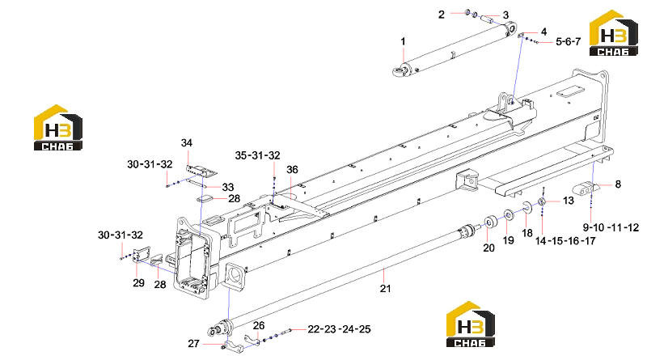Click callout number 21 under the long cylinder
click(x=385, y=288)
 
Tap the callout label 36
click(x=292, y=170)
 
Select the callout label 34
click(x=187, y=143)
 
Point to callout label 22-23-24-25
click(x=339, y=329)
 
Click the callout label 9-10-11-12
click(x=611, y=227)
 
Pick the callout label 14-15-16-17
click(x=565, y=241)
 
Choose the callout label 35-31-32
click(x=257, y=155)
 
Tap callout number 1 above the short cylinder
click(x=403, y=42)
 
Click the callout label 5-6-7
click(x=569, y=42)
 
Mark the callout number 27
click(x=193, y=344)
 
